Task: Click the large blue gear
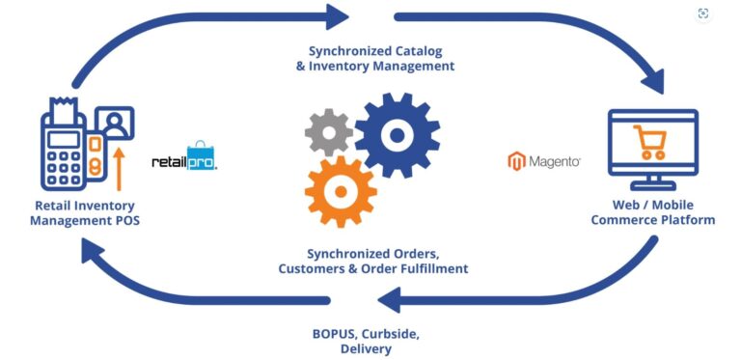[x=397, y=134]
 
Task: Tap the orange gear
[x=339, y=190]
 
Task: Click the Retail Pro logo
[x=185, y=157]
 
